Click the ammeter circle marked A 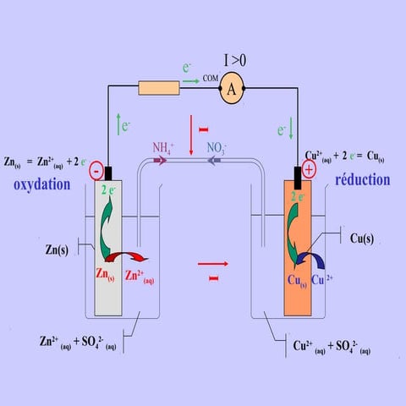coord(232,89)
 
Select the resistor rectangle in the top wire coord(159,88)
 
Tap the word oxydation coord(42,185)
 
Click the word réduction coord(363,180)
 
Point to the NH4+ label coord(163,148)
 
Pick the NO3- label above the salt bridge coord(217,148)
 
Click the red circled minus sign coord(96,171)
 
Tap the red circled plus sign coord(309,169)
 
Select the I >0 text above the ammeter coord(235,60)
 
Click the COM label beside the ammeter coord(211,78)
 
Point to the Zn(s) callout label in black coord(57,250)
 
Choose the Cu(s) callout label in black coord(362,239)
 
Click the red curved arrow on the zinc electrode coord(127,255)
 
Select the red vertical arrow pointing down coord(191,135)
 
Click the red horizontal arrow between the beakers coord(213,264)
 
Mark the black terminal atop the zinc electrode coord(108,173)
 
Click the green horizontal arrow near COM coord(191,81)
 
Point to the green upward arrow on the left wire coord(118,124)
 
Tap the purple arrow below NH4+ coord(160,161)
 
